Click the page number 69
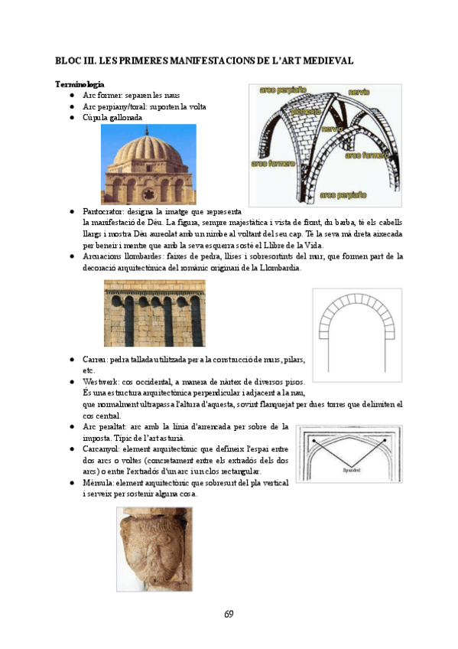229,614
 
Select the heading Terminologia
80,83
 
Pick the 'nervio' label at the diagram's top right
359,92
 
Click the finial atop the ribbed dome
148,128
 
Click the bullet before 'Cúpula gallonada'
72,118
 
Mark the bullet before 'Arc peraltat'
72,426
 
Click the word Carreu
96,358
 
